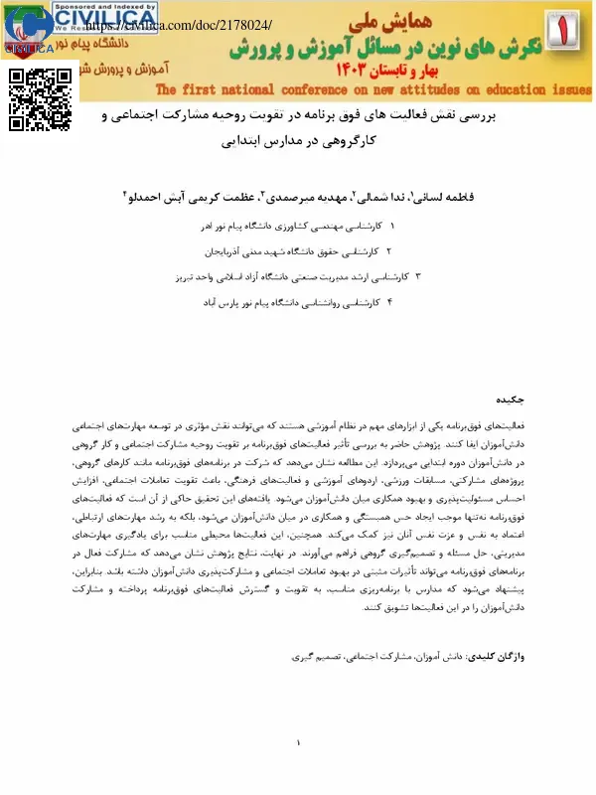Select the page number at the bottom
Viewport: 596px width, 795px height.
(x=298, y=743)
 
